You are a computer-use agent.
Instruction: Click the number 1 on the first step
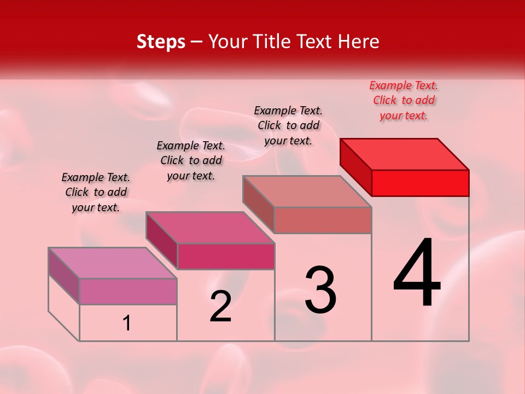127,323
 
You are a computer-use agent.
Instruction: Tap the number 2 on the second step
220,306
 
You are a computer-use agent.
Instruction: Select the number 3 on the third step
320,290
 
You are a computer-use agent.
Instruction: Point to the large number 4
417,273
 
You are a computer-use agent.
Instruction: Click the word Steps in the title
161,42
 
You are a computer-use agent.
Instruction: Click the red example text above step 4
404,100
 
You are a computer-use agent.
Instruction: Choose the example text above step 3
288,125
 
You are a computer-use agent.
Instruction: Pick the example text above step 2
191,160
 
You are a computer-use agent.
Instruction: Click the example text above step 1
96,192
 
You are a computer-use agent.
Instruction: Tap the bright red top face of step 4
404,154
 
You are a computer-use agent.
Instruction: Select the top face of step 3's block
307,191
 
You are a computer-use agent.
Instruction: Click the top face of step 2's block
210,227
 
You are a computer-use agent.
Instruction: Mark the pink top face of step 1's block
113,263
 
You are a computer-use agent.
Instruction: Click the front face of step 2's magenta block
226,257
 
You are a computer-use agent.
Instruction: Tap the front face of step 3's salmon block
323,220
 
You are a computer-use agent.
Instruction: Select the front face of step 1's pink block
128,291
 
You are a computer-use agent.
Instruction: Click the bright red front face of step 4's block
420,183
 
